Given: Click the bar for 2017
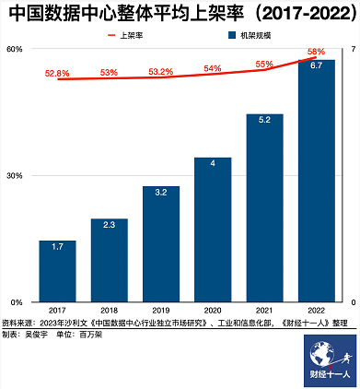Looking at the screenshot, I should (57, 271).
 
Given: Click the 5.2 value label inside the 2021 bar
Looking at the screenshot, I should (264, 121).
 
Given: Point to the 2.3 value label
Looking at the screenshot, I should (109, 225).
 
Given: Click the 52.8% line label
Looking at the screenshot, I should (57, 72).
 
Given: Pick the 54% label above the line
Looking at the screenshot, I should (213, 68).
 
